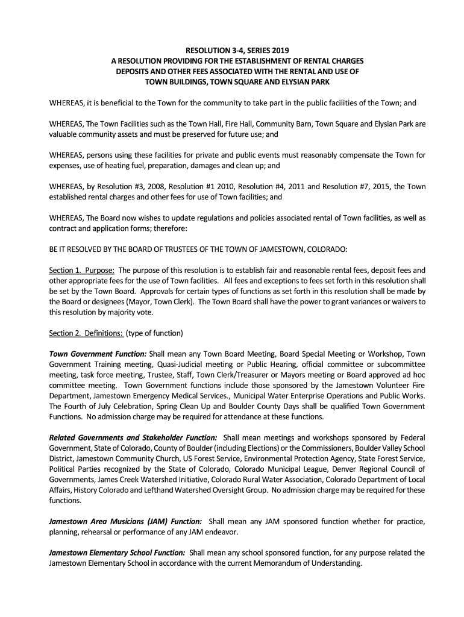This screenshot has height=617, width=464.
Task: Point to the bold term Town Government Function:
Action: point(98,354)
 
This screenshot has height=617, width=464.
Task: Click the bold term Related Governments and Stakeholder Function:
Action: point(133,437)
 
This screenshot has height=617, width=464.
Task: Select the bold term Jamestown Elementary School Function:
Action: point(117,553)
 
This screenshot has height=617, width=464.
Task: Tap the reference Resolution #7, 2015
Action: point(354,186)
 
